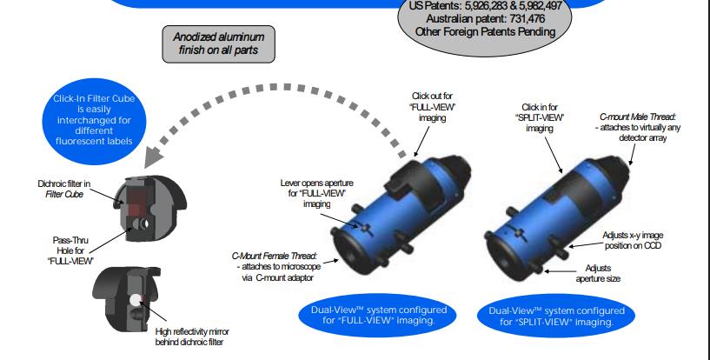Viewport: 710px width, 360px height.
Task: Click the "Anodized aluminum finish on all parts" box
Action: point(219,44)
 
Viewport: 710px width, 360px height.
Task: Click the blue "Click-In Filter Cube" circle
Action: point(94,121)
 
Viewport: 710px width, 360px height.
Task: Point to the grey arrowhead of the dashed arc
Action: point(153,157)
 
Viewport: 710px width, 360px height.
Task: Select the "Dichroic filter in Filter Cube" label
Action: point(63,189)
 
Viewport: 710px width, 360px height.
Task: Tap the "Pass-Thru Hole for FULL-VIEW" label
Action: point(70,250)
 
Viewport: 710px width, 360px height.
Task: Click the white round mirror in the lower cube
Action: point(136,300)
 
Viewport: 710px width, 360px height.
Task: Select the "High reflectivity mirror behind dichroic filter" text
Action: point(192,337)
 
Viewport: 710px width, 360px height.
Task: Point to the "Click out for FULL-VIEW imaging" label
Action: point(432,107)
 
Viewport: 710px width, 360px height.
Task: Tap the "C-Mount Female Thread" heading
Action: point(275,256)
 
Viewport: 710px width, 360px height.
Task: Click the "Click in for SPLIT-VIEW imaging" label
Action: point(540,117)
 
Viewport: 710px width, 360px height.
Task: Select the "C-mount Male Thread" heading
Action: point(638,117)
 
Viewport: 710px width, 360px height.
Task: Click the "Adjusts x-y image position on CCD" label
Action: point(633,241)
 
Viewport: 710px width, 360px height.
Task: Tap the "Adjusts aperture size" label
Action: point(598,274)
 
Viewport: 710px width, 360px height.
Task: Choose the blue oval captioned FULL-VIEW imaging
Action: point(378,315)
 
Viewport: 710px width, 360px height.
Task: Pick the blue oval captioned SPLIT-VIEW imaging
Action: point(556,316)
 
